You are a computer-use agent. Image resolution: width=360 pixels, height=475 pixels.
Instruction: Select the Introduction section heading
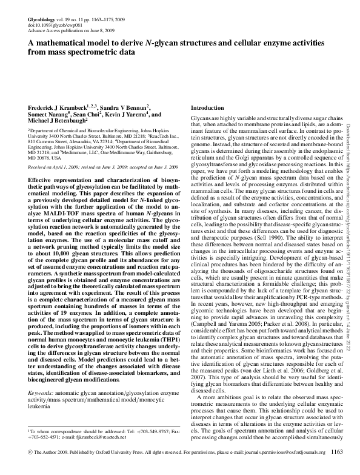click(208, 107)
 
